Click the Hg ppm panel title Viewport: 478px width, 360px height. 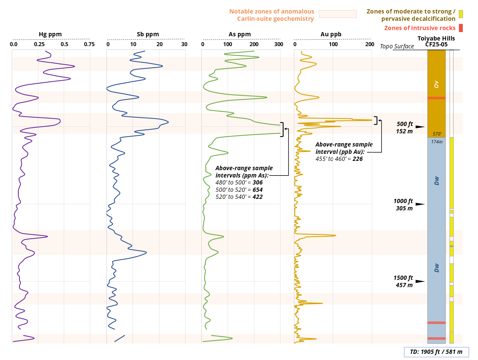(50, 34)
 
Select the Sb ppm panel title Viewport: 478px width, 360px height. (148, 34)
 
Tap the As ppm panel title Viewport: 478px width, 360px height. (240, 34)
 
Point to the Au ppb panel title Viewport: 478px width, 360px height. (331, 34)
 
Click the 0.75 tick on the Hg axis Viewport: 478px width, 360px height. (89, 44)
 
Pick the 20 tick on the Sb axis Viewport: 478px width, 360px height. (160, 44)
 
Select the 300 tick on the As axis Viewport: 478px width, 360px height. (279, 44)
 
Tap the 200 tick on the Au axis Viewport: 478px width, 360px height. (370, 44)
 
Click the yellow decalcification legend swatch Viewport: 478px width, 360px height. (461, 14)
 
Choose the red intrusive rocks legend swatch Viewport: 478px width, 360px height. (461, 28)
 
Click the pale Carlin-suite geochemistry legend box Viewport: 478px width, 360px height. (338, 14)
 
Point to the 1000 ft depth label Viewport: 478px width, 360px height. (403, 201)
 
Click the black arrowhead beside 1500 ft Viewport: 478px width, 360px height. (420, 281)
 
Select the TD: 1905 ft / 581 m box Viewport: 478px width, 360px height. (436, 352)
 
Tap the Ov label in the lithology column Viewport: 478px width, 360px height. (436, 84)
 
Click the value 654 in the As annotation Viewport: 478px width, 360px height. (257, 190)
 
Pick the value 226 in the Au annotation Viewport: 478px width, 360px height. (357, 159)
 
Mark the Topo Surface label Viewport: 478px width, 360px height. (397, 46)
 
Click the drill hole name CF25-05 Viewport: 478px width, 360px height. (436, 44)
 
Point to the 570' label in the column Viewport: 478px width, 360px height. (437, 134)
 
